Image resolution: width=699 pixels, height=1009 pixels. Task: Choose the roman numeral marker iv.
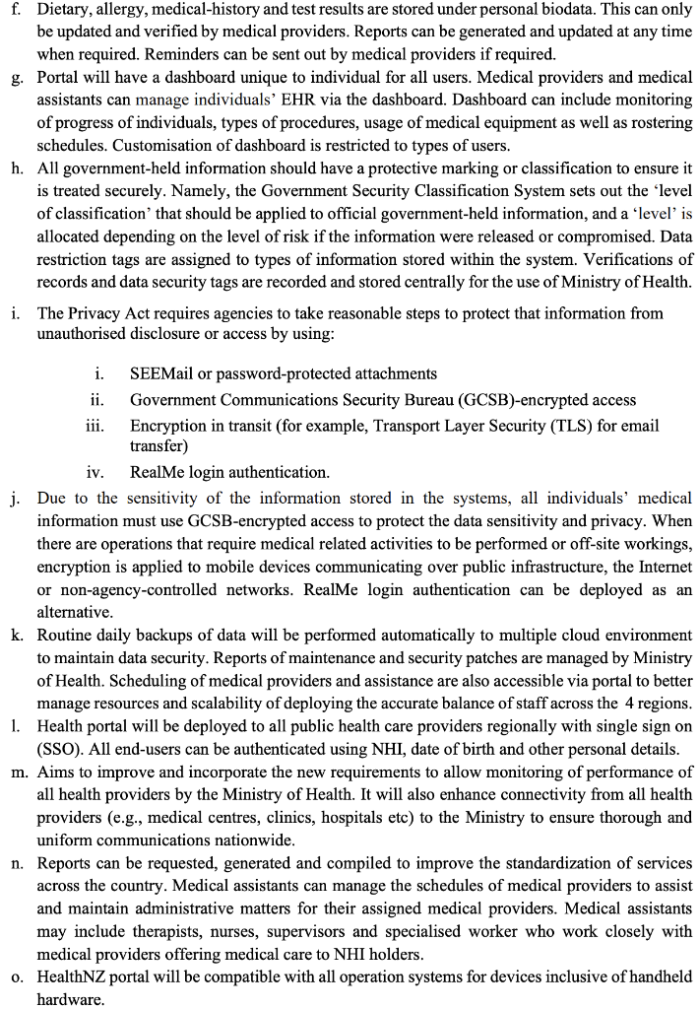[x=95, y=472]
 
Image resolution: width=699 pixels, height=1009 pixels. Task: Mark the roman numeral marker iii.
[x=96, y=426]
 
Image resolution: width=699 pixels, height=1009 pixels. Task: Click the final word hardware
[x=70, y=999]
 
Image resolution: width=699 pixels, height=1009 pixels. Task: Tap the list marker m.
[x=20, y=772]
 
